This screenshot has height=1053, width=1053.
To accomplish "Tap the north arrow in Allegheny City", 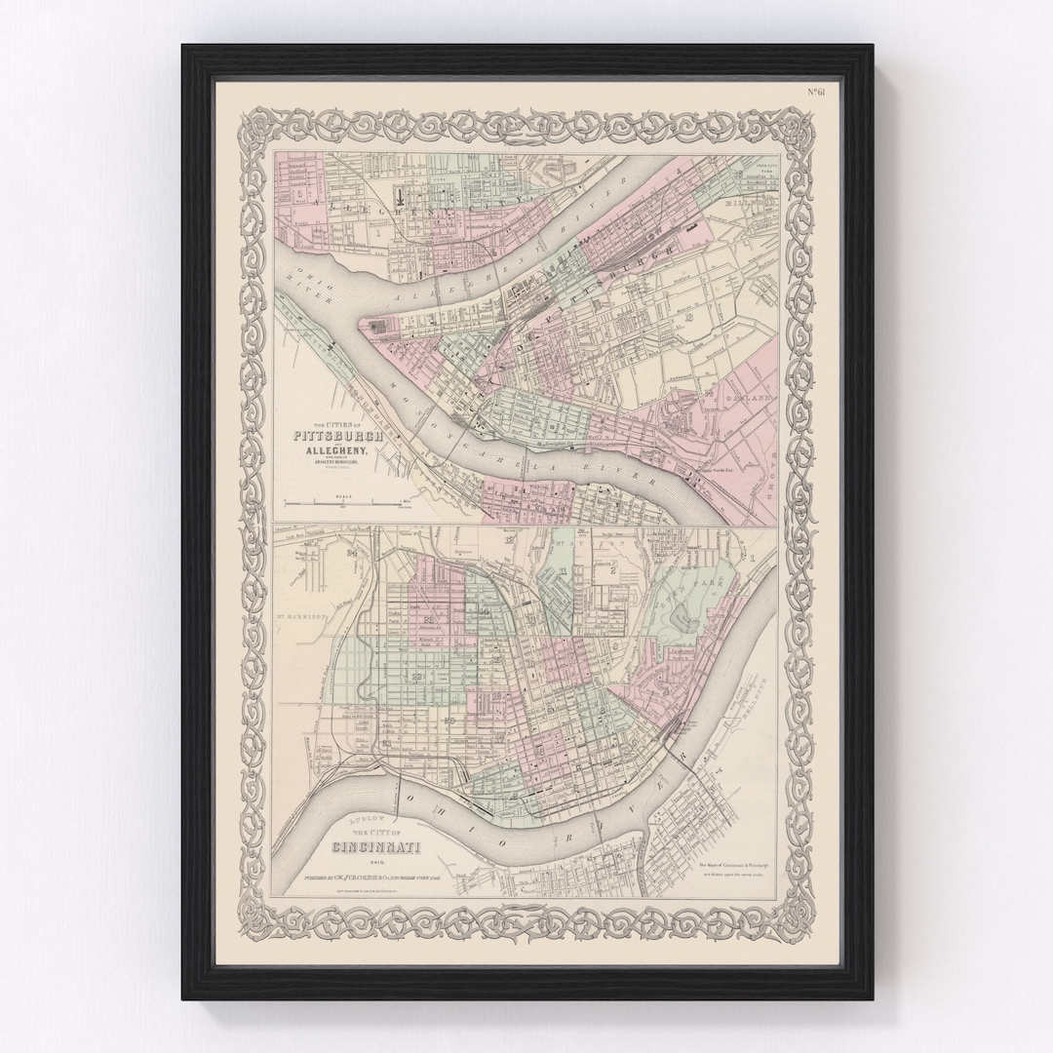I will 401,196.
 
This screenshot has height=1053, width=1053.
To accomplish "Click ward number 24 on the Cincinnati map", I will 351,556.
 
